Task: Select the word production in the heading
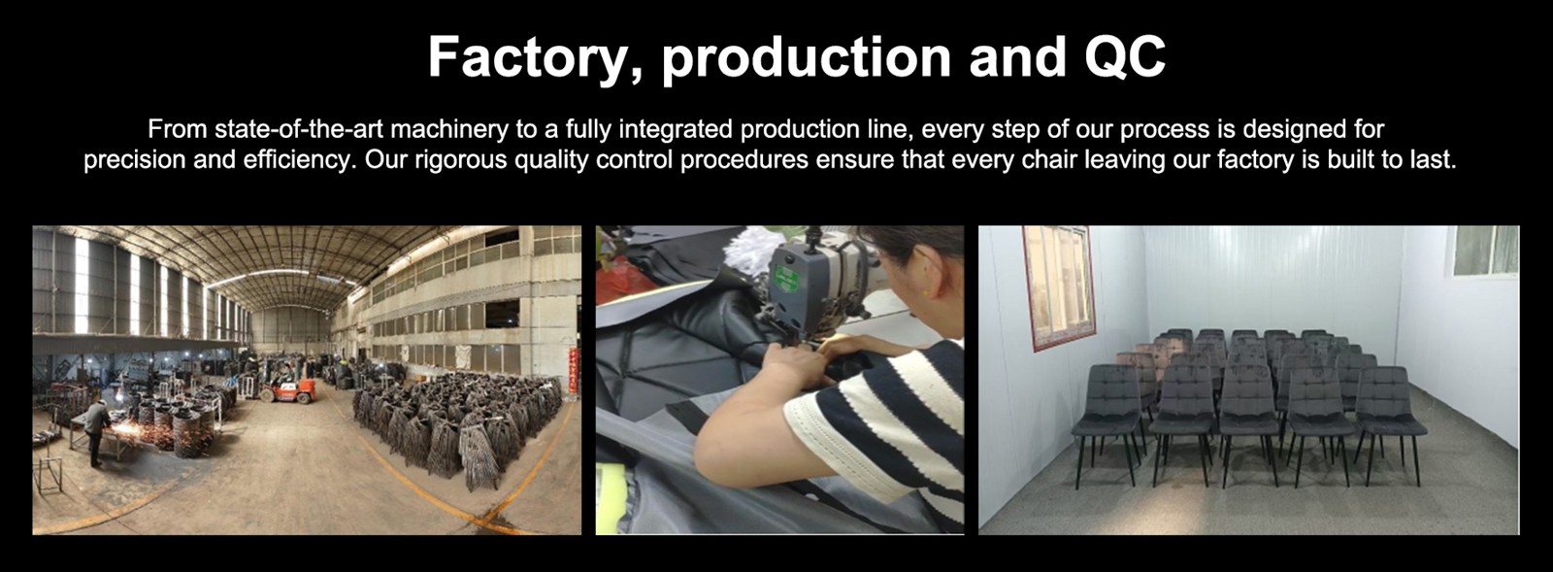(x=807, y=58)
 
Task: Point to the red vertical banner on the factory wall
(x=573, y=370)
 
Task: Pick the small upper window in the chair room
(x=1485, y=250)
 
